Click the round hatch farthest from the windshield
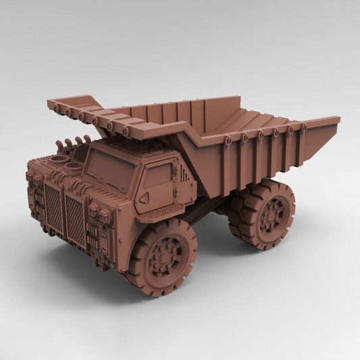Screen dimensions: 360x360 (47, 159)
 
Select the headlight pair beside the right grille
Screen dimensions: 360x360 (99, 215)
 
